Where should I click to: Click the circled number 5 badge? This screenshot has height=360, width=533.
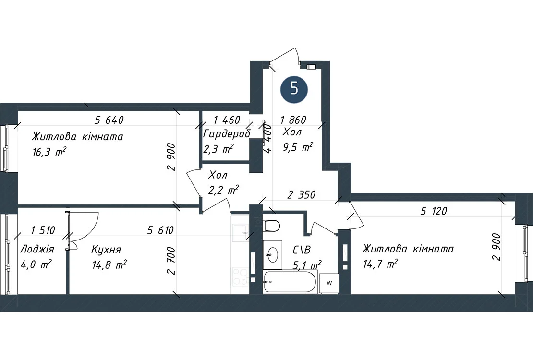(294, 89)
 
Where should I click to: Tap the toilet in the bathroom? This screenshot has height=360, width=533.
(271, 226)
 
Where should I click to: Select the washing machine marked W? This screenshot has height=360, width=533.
(329, 283)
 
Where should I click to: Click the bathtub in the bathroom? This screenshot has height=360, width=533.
(290, 282)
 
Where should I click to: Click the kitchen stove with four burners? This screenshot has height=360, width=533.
(240, 276)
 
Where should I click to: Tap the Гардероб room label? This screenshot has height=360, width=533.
(227, 134)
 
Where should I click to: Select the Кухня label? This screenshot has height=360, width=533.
(106, 250)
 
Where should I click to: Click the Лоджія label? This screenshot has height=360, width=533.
(37, 249)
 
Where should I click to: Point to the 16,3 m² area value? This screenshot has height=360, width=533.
(49, 152)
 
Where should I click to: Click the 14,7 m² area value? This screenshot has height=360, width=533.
(380, 264)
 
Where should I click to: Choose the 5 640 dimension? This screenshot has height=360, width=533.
(109, 120)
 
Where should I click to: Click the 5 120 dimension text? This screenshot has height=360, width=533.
(434, 211)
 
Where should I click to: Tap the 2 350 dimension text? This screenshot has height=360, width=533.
(302, 195)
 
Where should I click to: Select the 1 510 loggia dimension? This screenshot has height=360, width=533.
(43, 230)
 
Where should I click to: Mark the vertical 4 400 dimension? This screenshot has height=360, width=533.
(268, 139)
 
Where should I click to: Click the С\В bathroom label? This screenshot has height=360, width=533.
(302, 250)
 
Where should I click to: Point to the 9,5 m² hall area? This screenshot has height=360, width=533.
(298, 147)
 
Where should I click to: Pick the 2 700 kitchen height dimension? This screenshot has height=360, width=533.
(171, 260)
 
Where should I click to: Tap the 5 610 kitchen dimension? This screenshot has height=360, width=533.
(160, 230)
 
